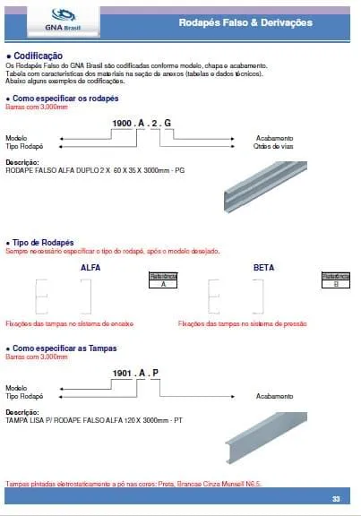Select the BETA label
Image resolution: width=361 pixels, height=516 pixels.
[263, 268]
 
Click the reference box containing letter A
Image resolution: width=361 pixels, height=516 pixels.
[163, 279]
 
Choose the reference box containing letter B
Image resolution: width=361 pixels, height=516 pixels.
[335, 279]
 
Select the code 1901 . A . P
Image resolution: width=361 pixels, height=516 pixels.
[135, 373]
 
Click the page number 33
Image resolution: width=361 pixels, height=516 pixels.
[335, 499]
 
